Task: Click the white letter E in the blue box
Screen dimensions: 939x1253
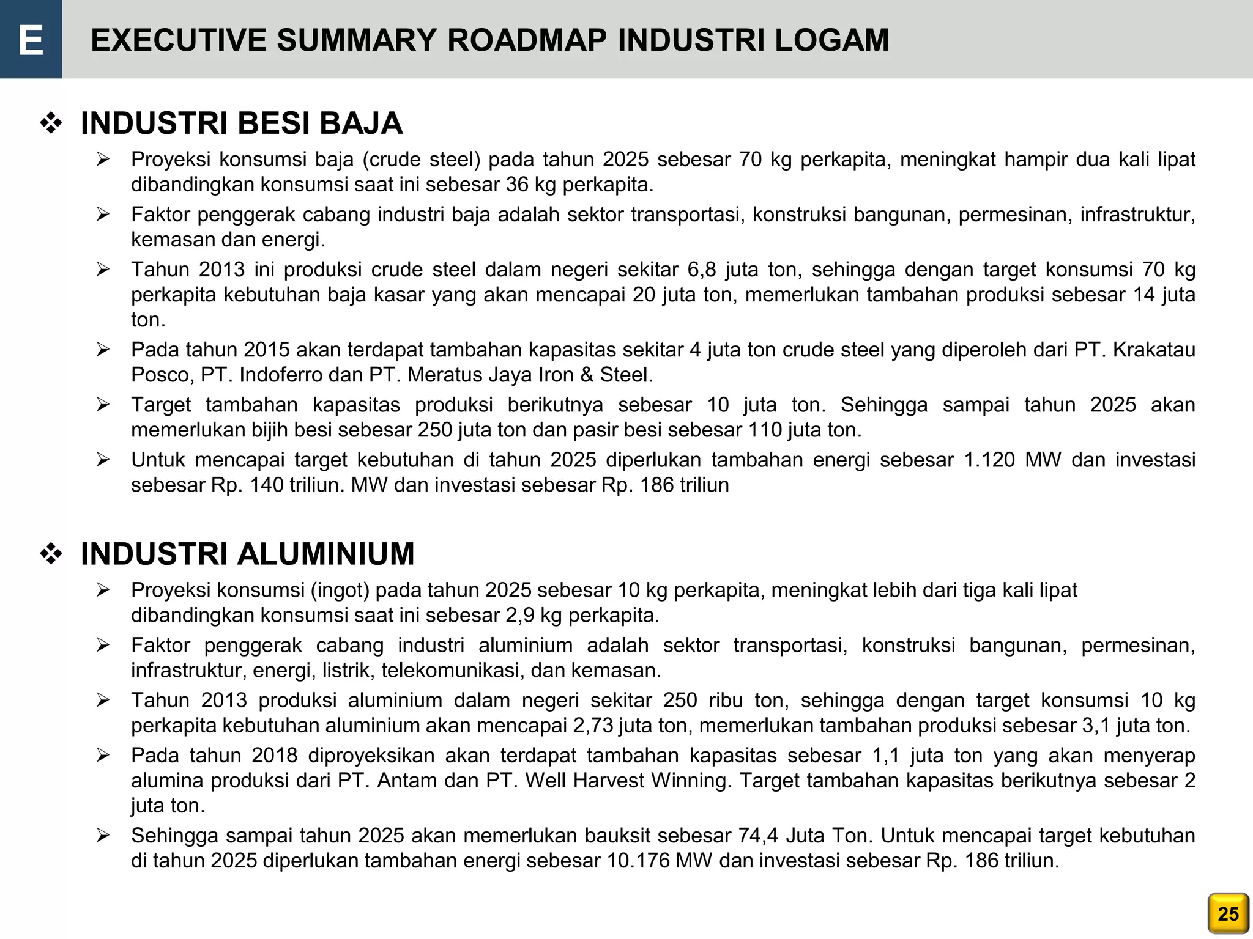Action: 31,40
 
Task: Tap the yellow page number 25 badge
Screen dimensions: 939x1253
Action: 1228,913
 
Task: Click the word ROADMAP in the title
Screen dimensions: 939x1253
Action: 527,40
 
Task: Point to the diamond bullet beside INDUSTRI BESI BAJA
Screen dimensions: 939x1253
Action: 51,124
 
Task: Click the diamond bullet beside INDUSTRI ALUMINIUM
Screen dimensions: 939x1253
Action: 51,554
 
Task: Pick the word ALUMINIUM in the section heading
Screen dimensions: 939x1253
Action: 325,554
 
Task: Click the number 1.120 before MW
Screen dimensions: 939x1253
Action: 989,460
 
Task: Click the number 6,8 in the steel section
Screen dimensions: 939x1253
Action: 701,270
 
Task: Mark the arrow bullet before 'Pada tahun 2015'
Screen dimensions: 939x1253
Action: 103,350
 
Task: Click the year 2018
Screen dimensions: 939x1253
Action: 275,756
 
